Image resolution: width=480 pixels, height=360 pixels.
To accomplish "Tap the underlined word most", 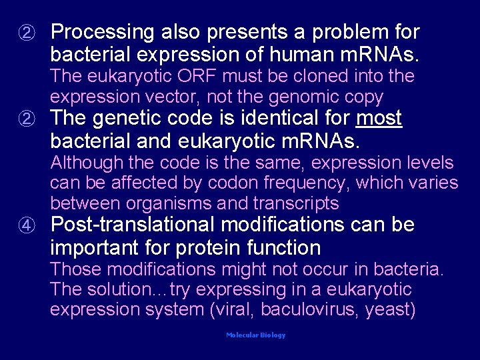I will [379, 119].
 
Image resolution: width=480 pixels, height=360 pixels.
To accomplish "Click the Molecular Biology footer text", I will [255, 335].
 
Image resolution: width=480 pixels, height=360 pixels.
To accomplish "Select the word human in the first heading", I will [275, 53].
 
